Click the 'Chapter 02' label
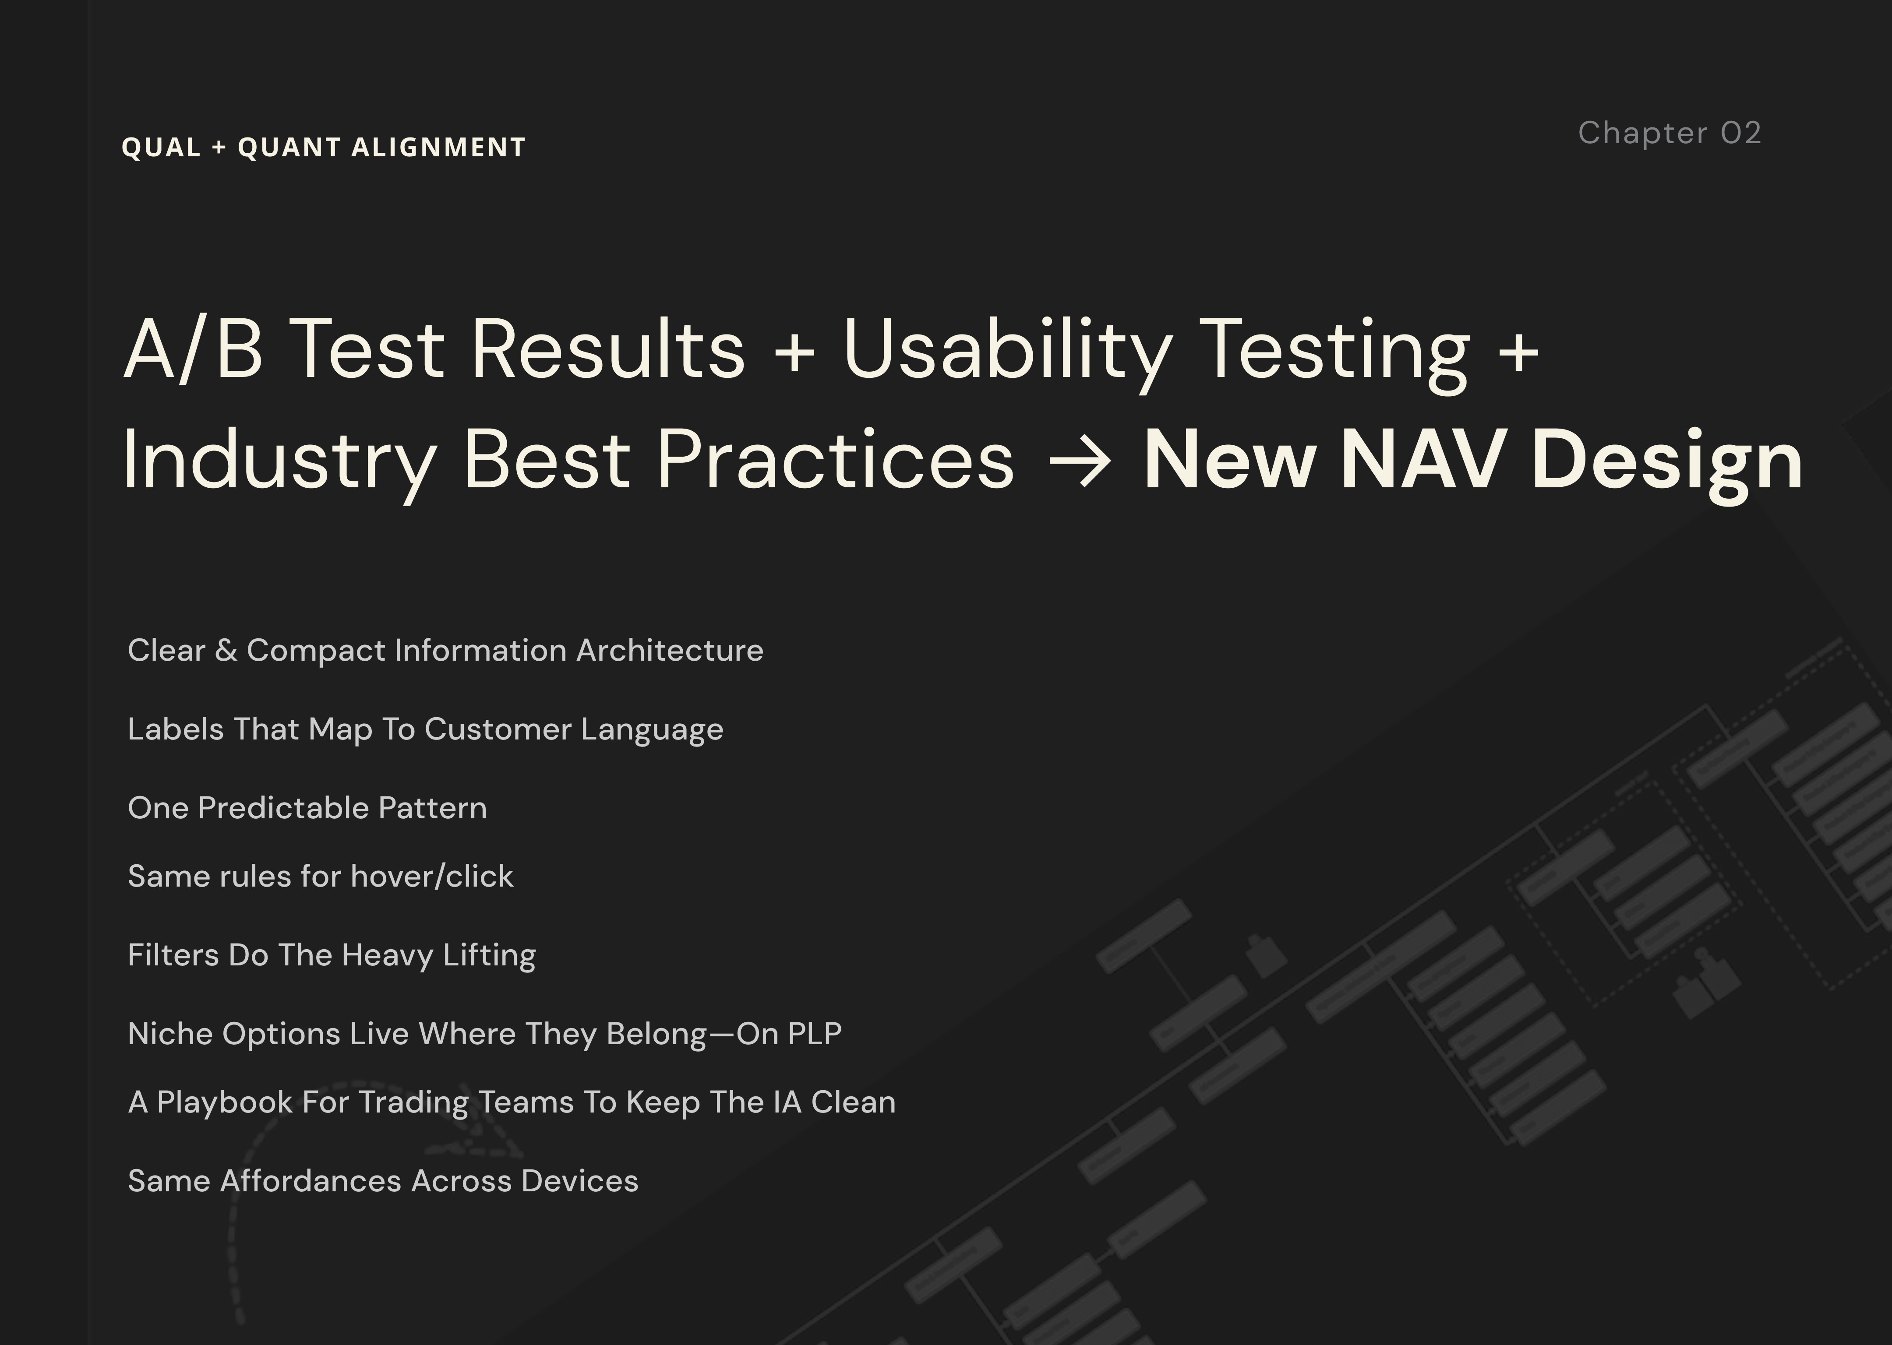point(1669,134)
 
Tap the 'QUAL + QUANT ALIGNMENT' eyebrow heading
point(323,148)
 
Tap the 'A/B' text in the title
point(193,349)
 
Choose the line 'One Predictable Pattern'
point(307,807)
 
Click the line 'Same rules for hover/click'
point(321,876)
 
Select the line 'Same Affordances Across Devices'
point(383,1181)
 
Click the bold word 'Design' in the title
point(1667,461)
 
